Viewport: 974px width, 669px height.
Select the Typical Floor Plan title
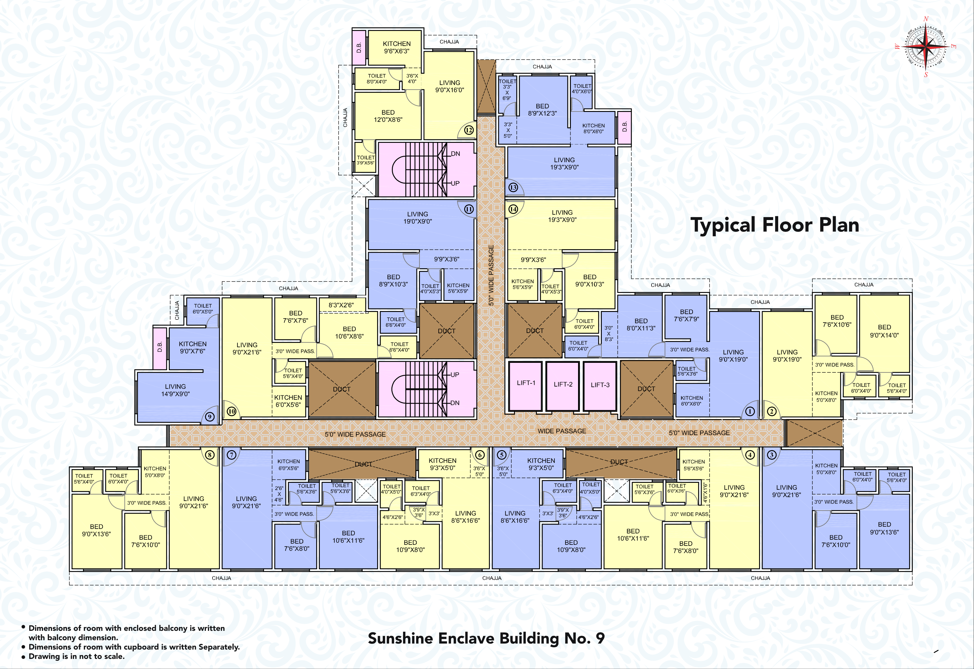774,225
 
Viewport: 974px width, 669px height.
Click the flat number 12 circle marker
469,130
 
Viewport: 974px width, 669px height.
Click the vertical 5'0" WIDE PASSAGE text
491,275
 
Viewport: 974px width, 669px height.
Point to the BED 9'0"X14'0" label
884,331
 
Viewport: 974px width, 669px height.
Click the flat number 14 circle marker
513,209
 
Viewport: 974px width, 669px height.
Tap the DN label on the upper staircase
455,154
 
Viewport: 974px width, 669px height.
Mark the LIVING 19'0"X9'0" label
418,217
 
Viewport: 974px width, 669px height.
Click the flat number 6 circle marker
480,455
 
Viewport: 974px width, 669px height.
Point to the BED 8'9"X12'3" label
542,110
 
